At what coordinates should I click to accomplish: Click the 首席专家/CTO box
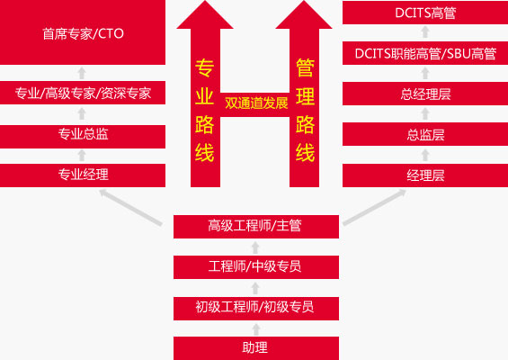(x=83, y=32)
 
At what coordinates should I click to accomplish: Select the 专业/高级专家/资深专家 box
(x=83, y=93)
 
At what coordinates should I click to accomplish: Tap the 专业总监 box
(x=83, y=137)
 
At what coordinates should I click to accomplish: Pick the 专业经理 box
(x=83, y=175)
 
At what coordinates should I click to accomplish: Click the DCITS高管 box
(x=425, y=13)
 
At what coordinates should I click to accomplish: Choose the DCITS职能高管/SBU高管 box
(x=425, y=53)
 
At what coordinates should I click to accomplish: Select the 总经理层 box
(x=425, y=94)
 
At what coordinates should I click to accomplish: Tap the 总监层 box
(x=425, y=134)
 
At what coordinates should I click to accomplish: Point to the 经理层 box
(x=425, y=175)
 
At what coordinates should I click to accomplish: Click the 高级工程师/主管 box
(x=256, y=227)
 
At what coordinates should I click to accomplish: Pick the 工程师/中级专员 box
(x=256, y=267)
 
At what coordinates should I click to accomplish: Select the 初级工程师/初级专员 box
(x=256, y=309)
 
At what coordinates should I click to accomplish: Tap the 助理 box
(x=256, y=348)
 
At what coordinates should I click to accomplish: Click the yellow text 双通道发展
(x=256, y=103)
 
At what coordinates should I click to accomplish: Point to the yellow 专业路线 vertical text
(x=204, y=110)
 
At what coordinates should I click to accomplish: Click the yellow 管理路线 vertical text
(x=305, y=110)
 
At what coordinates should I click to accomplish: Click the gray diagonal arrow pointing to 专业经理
(x=130, y=207)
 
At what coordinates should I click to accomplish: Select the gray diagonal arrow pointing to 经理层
(x=375, y=207)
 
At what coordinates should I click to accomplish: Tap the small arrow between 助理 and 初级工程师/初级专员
(x=256, y=328)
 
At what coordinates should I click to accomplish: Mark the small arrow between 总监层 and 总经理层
(x=425, y=113)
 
